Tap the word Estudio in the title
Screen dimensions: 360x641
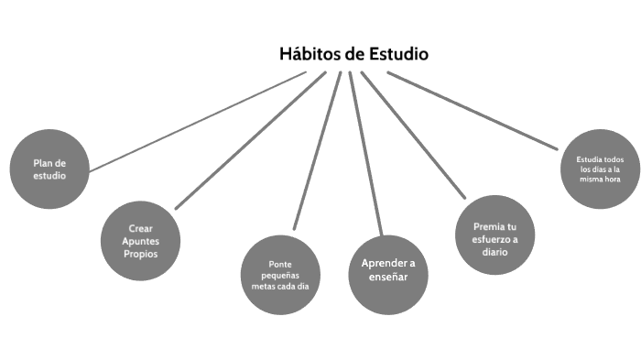click(x=397, y=54)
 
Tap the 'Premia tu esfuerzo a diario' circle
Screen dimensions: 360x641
click(x=495, y=234)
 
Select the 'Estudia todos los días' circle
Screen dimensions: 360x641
click(x=600, y=169)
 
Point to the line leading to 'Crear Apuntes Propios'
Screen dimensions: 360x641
click(x=247, y=141)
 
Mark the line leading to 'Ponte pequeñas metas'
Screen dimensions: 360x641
click(x=317, y=150)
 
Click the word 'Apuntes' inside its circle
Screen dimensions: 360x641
click(x=140, y=240)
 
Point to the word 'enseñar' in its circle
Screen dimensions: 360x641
click(x=388, y=278)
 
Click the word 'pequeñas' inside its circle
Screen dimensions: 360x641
click(x=281, y=275)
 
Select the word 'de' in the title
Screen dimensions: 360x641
click(x=355, y=54)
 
